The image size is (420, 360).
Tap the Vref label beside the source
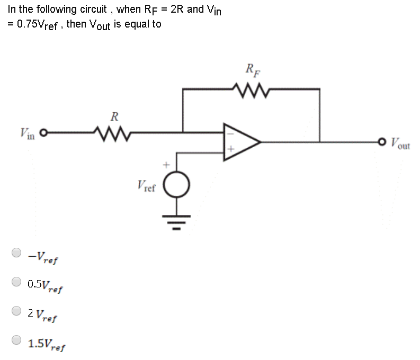point(146,186)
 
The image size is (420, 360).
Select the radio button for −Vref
point(17,253)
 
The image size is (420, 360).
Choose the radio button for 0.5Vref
point(17,282)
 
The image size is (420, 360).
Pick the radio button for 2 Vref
point(17,312)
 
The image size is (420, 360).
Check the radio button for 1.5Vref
point(17,341)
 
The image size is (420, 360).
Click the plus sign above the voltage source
point(165,165)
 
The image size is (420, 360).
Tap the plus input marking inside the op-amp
point(230,151)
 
